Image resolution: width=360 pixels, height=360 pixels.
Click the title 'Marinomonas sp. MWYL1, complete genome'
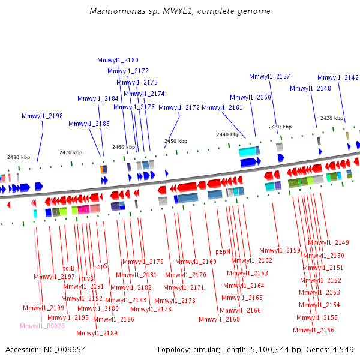point(180,11)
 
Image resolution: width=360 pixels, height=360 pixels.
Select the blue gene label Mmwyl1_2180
point(118,60)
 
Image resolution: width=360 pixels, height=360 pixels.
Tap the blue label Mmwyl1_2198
point(42,116)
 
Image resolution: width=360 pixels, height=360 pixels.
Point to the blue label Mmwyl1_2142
point(338,77)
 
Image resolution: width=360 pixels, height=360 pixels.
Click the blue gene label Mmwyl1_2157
point(269,76)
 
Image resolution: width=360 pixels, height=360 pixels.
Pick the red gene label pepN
point(223,251)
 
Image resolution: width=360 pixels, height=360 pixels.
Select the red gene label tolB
point(68,268)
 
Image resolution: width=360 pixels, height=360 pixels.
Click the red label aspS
point(101,266)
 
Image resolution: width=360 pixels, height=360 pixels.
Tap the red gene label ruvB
point(87,278)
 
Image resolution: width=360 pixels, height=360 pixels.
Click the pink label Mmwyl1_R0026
point(42,326)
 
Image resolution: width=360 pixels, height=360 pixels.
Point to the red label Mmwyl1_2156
point(313,330)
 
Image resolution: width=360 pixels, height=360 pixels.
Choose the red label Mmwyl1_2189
point(97,333)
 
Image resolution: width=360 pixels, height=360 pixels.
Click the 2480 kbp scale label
point(19,157)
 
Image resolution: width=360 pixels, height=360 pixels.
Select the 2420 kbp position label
point(332,118)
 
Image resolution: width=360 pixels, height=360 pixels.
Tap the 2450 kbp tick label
point(176,141)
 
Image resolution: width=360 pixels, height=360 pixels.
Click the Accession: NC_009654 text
point(46,349)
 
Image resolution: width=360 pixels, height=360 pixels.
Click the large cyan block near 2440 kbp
point(247,152)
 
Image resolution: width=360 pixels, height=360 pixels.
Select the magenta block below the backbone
point(83,209)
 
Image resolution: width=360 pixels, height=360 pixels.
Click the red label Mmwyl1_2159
point(280,250)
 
